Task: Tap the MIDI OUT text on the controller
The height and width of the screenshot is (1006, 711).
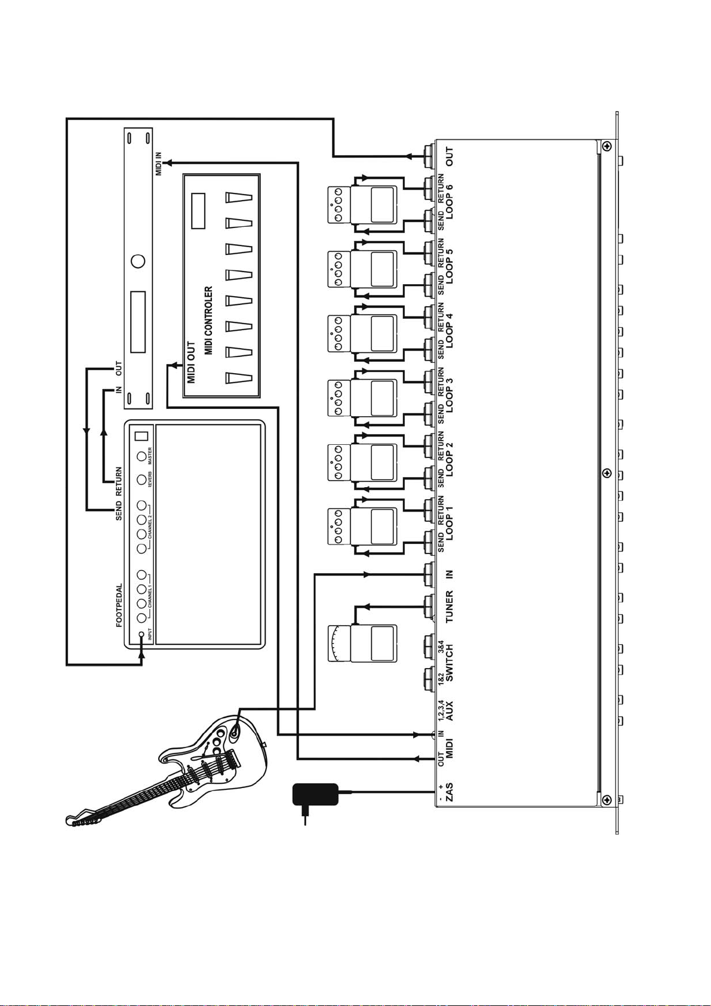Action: click(191, 362)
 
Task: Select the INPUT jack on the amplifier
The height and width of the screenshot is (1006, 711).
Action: click(141, 635)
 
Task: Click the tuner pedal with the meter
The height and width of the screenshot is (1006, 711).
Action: click(362, 643)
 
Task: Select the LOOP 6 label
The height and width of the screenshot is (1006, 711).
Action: click(449, 201)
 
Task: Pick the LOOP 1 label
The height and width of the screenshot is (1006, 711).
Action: click(449, 523)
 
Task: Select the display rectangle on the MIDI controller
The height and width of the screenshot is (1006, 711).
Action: click(198, 211)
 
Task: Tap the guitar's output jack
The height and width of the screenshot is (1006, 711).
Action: click(235, 731)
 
